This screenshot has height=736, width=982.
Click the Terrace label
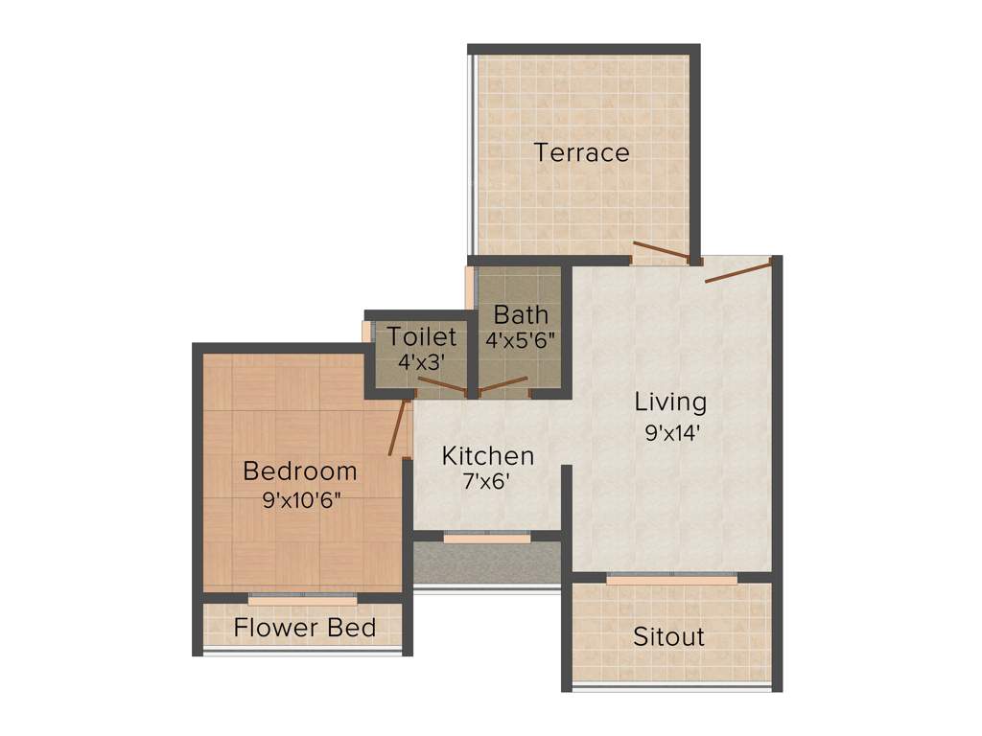coord(582,152)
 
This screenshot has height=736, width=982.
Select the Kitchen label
coord(487,456)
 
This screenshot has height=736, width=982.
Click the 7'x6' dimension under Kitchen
coord(485,482)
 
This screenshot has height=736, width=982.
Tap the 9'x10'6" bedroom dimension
coord(301,499)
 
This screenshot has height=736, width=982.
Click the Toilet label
coord(422,337)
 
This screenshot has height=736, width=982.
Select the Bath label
coord(522,314)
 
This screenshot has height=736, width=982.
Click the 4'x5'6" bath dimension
coord(522,339)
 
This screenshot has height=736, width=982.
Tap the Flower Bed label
coord(305,629)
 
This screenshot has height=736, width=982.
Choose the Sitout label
coord(669,636)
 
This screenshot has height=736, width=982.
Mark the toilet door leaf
coord(442,386)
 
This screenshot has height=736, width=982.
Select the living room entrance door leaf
coord(737,269)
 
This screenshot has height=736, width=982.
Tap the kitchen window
coord(486,539)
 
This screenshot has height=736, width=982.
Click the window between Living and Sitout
coord(671,580)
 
